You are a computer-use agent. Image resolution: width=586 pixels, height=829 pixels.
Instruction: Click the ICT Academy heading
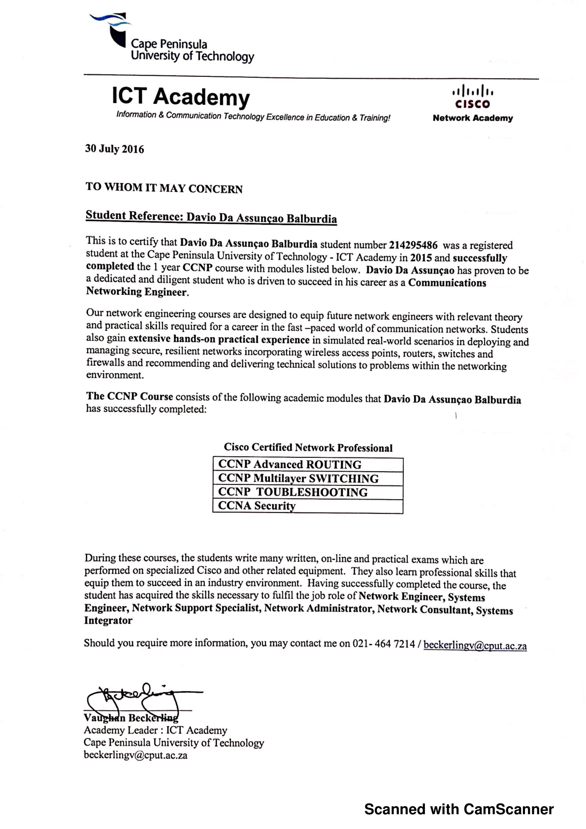tap(181, 96)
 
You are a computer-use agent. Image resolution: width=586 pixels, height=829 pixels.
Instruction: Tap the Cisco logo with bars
tap(473, 96)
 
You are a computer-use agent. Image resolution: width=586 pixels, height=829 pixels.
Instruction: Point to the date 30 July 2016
tap(114, 149)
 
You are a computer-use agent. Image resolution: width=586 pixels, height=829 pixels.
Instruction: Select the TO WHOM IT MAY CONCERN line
tap(164, 188)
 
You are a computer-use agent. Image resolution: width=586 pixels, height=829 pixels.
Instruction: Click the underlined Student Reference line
tap(211, 217)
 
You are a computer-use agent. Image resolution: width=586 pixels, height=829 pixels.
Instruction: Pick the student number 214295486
tap(413, 245)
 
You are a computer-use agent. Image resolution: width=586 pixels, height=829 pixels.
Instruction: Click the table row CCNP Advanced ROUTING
tap(308, 465)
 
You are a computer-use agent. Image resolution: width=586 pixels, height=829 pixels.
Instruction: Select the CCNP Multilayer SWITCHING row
tap(308, 478)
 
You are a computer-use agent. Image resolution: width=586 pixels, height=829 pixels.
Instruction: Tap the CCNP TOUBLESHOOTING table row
tap(308, 492)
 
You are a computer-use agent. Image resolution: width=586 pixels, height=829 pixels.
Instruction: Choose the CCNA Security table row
tap(308, 506)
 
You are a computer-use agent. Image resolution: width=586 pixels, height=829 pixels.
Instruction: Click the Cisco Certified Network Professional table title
tap(308, 447)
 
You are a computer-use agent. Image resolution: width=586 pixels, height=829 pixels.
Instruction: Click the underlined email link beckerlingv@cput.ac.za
tap(475, 645)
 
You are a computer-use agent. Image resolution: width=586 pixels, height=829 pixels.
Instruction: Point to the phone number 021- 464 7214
tap(384, 644)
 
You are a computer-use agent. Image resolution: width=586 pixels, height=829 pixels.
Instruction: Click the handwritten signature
tap(140, 698)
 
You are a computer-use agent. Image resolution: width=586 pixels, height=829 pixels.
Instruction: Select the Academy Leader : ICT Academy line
tap(155, 730)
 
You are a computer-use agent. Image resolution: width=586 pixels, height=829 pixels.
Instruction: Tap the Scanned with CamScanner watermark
tap(459, 809)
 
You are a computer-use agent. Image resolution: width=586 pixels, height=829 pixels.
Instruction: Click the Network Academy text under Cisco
tap(473, 118)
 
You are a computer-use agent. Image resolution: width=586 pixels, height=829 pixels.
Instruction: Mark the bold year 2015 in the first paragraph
tap(421, 257)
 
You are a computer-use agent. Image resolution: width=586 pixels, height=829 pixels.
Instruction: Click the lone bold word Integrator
tap(108, 620)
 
